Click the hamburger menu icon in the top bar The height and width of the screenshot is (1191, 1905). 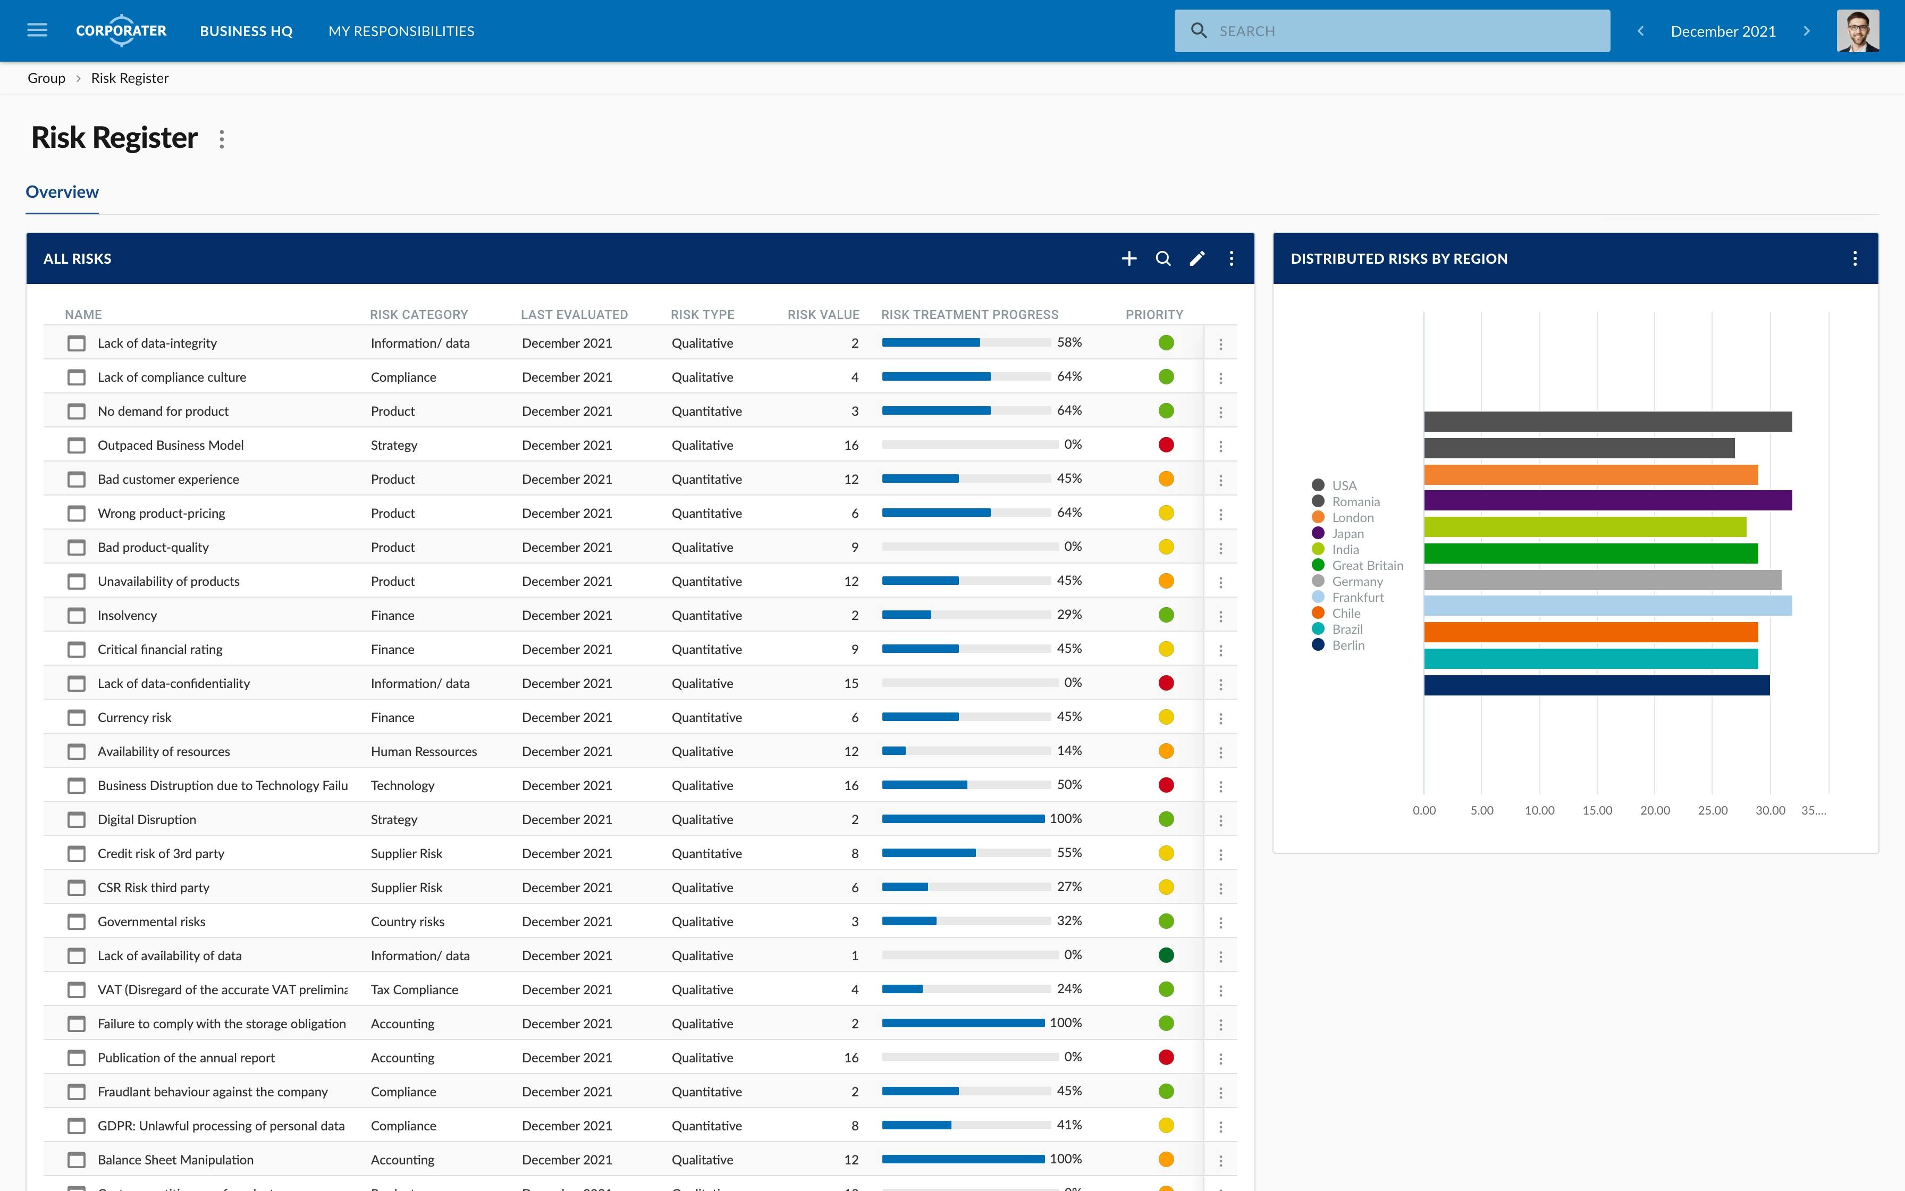click(37, 31)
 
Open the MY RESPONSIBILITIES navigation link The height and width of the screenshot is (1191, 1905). click(401, 31)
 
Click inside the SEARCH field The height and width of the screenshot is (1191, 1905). click(1401, 31)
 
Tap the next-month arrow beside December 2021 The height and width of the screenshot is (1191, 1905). click(1807, 31)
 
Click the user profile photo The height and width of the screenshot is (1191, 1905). click(1858, 31)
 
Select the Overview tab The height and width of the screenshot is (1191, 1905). click(62, 192)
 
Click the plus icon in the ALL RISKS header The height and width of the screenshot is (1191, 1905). click(1129, 258)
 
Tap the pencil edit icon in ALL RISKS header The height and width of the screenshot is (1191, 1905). click(1196, 258)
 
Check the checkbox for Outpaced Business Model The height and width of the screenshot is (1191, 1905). click(77, 446)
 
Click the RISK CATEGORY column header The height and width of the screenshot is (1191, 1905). click(419, 314)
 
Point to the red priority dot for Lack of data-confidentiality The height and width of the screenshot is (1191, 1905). click(1166, 683)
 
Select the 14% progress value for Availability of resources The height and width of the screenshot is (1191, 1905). click(1068, 751)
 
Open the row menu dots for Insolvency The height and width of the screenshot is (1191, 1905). click(1220, 616)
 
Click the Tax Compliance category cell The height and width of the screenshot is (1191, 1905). click(414, 989)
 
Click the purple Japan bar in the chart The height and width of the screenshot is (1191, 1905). click(1606, 500)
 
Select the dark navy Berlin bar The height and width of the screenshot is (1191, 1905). click(1596, 685)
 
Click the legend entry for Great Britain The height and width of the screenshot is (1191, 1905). click(1367, 566)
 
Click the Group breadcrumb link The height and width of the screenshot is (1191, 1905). click(46, 78)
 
